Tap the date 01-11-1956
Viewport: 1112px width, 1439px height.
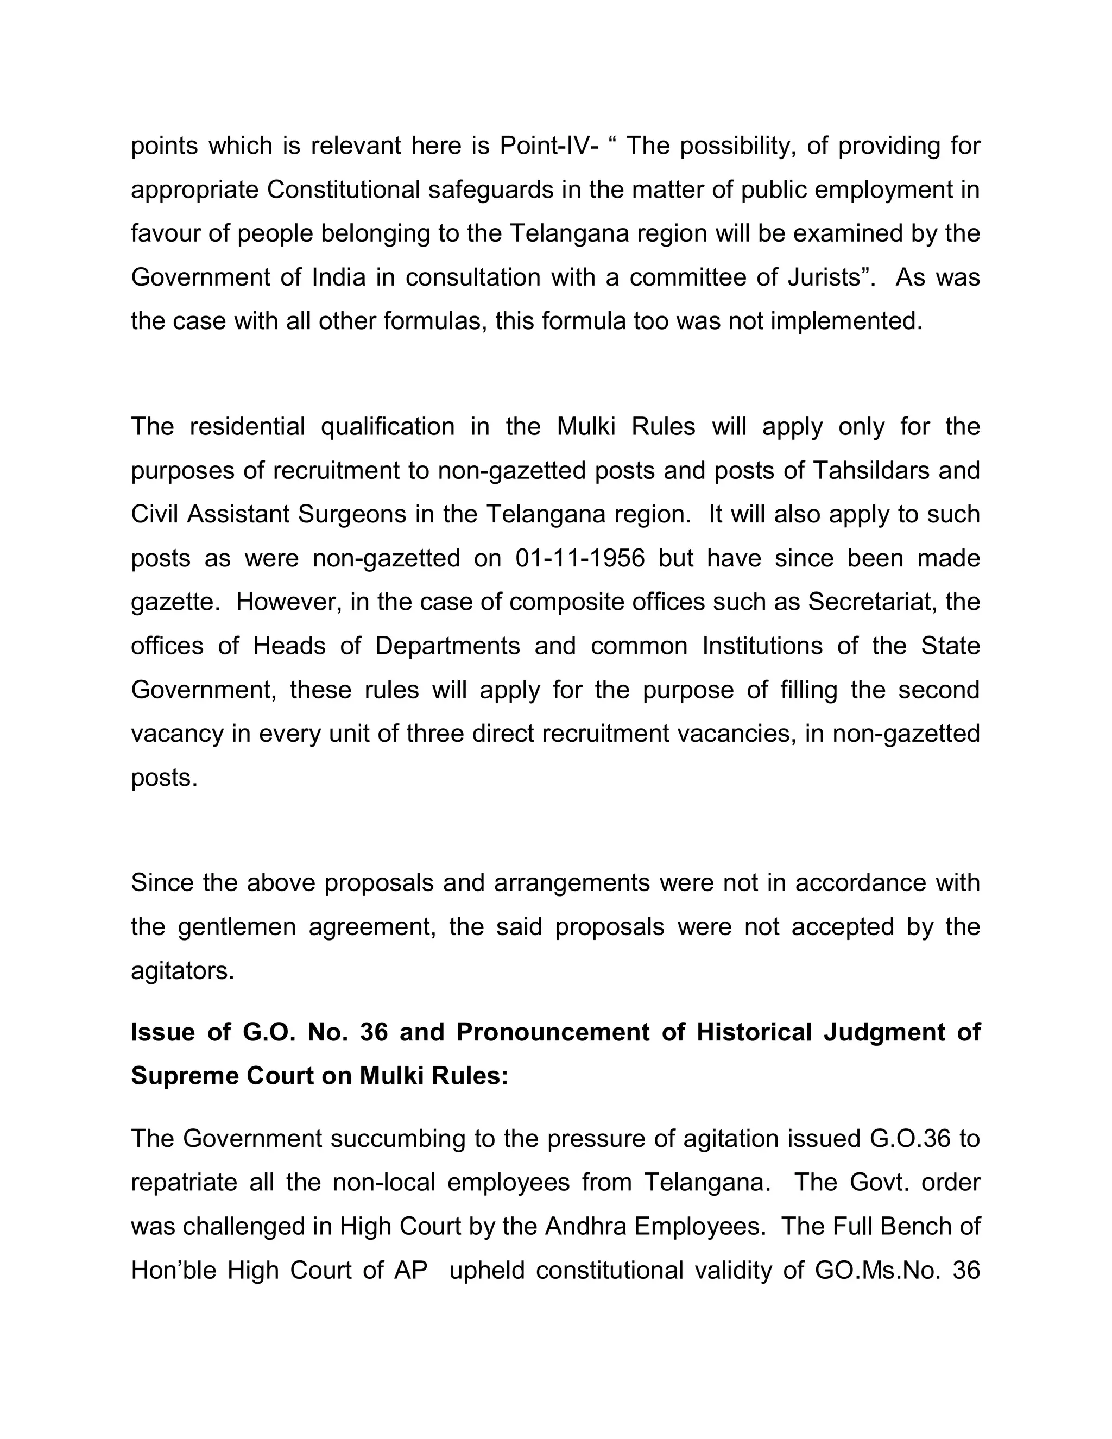[x=580, y=558]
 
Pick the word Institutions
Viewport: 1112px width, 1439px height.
[x=762, y=646]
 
